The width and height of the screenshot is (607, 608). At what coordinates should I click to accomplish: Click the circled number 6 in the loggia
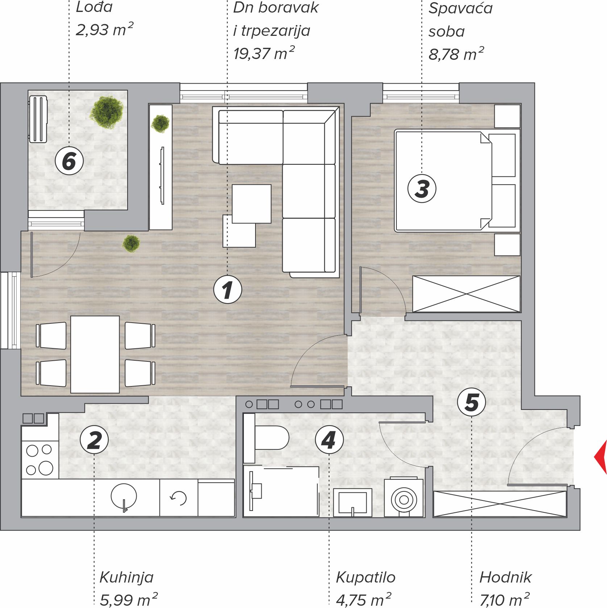pyautogui.click(x=69, y=161)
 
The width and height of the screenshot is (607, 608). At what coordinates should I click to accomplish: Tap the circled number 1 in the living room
pyautogui.click(x=228, y=289)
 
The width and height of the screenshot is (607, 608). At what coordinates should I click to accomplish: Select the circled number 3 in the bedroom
pyautogui.click(x=422, y=188)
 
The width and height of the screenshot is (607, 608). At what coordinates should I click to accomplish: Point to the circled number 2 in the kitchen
pyautogui.click(x=94, y=440)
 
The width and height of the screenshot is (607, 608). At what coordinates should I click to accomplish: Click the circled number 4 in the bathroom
pyautogui.click(x=329, y=440)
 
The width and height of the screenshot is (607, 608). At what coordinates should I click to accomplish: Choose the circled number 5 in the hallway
pyautogui.click(x=471, y=402)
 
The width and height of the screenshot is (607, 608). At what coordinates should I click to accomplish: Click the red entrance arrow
pyautogui.click(x=601, y=457)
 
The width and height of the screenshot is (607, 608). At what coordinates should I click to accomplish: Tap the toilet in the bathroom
pyautogui.click(x=266, y=438)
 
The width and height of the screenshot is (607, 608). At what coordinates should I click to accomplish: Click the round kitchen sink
pyautogui.click(x=124, y=496)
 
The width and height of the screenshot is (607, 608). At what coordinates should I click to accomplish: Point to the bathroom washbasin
pyautogui.click(x=353, y=502)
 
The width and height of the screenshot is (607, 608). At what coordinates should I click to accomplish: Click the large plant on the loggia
pyautogui.click(x=107, y=112)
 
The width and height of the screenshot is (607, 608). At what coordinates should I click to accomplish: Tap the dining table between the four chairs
pyautogui.click(x=95, y=355)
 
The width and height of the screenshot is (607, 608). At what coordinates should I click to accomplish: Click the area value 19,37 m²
pyautogui.click(x=264, y=53)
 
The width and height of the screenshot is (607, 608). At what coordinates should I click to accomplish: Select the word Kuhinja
pyautogui.click(x=126, y=578)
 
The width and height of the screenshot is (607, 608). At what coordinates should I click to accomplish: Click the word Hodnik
pyautogui.click(x=505, y=577)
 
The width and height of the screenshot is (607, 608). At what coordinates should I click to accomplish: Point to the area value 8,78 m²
pyautogui.click(x=456, y=54)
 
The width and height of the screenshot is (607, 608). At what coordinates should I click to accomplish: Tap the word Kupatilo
pyautogui.click(x=366, y=578)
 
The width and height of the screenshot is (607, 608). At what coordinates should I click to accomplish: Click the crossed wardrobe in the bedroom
pyautogui.click(x=466, y=294)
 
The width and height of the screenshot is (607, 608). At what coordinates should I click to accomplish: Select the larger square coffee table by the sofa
pyautogui.click(x=251, y=204)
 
